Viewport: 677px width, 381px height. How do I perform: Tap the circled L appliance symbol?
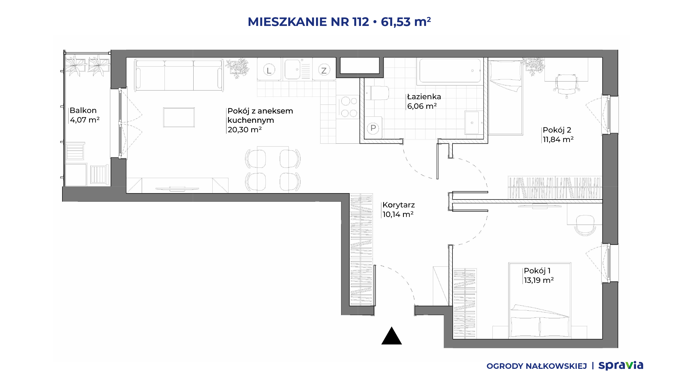(x=269, y=70)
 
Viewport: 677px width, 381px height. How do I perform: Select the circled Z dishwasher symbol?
(x=324, y=70)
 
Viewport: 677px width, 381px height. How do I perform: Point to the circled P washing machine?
(x=373, y=128)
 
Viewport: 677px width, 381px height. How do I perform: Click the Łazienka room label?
(x=424, y=96)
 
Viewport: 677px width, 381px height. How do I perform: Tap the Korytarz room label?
(x=399, y=205)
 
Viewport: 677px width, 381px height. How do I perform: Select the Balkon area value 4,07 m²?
(x=85, y=120)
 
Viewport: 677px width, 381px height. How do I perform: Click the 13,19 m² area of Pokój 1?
(x=539, y=280)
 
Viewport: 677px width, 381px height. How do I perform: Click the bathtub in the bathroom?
(x=450, y=71)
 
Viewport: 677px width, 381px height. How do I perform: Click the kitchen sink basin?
(x=293, y=69)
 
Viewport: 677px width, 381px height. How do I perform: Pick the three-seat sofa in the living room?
(x=179, y=75)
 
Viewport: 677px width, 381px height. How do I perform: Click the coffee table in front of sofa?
(x=179, y=117)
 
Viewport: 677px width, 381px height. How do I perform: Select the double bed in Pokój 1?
(x=539, y=301)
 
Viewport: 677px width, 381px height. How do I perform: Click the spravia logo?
(x=621, y=365)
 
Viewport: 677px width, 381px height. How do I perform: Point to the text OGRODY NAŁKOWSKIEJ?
(x=537, y=366)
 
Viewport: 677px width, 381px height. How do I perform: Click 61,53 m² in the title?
(x=406, y=22)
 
